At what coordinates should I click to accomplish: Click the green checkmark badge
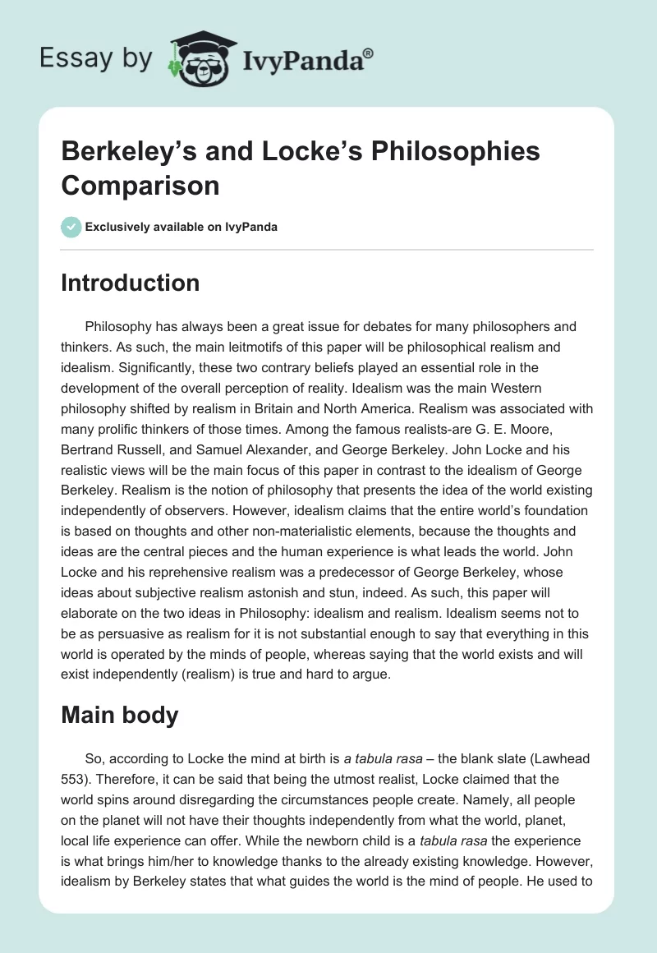coord(71,227)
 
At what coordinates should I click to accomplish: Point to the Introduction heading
coord(131,283)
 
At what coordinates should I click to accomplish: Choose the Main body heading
coord(120,715)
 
